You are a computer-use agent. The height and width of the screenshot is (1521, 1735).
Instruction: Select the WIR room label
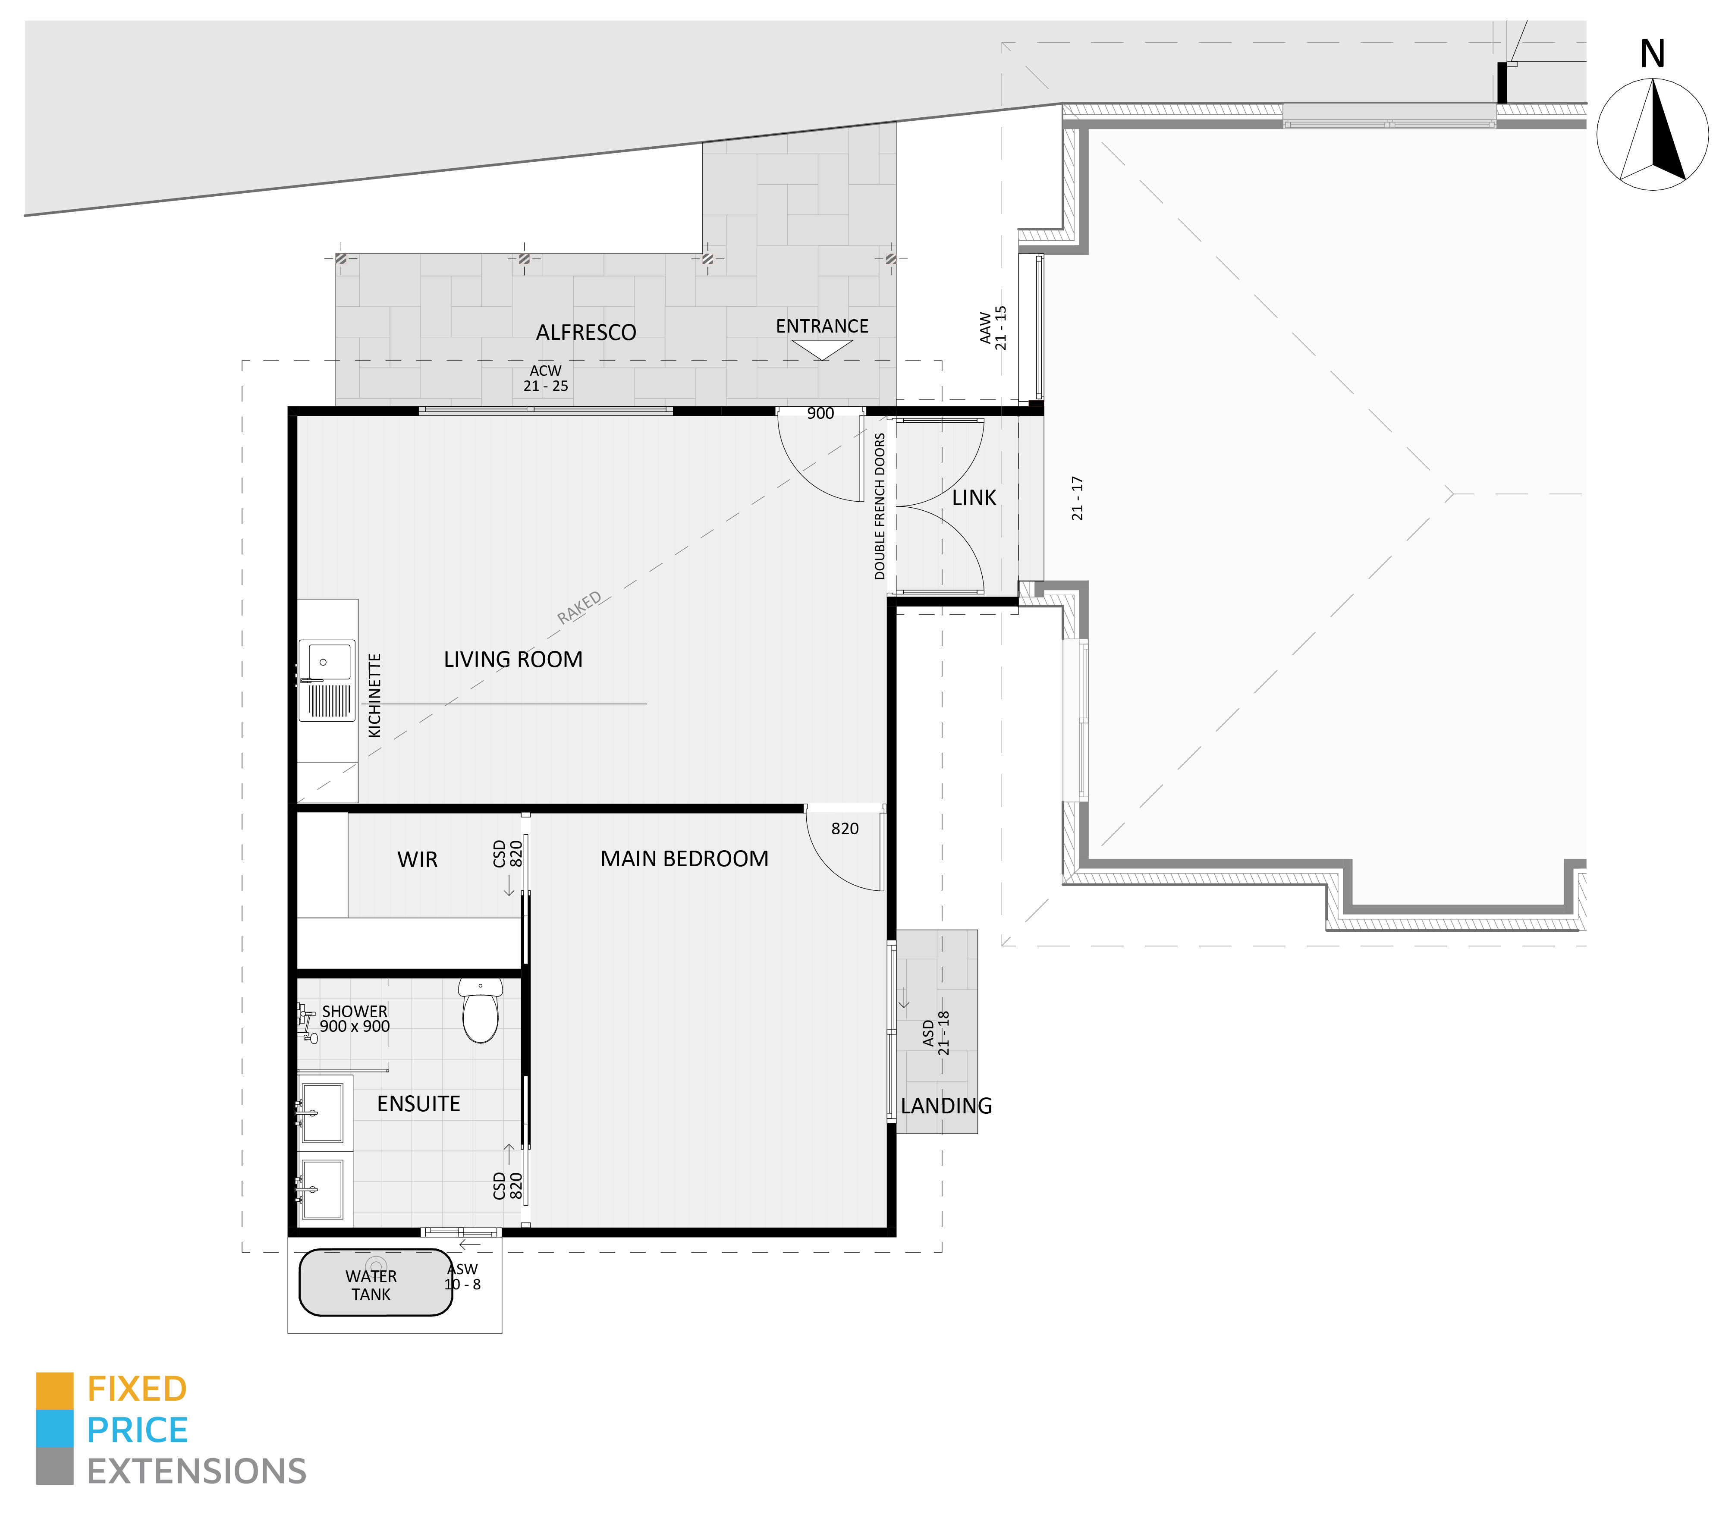point(418,860)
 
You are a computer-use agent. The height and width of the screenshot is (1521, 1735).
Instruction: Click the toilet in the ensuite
point(481,1010)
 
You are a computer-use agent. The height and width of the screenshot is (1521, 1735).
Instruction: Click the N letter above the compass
point(1652,54)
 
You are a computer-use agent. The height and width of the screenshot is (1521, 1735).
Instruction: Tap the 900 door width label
point(820,413)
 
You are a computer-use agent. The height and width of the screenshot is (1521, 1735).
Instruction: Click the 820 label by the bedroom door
point(845,828)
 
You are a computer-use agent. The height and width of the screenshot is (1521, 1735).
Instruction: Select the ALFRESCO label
point(586,333)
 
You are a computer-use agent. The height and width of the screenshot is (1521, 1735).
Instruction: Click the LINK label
point(974,498)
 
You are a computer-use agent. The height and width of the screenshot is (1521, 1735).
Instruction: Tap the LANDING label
point(946,1106)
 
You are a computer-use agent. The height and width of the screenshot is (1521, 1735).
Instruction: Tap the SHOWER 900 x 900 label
point(355,1018)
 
